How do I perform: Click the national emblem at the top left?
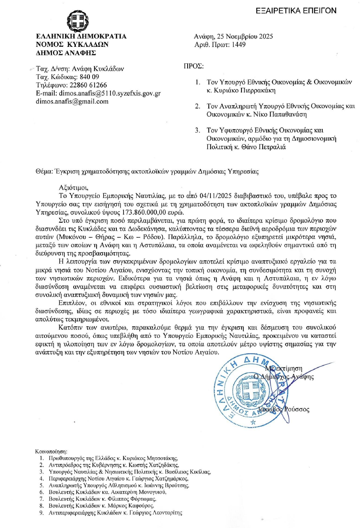coord(77,21)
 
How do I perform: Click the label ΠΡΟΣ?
coord(193,66)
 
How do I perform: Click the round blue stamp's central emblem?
coord(251,389)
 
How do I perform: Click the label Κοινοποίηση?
coord(51,451)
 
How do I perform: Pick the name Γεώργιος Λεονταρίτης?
coord(159,513)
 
